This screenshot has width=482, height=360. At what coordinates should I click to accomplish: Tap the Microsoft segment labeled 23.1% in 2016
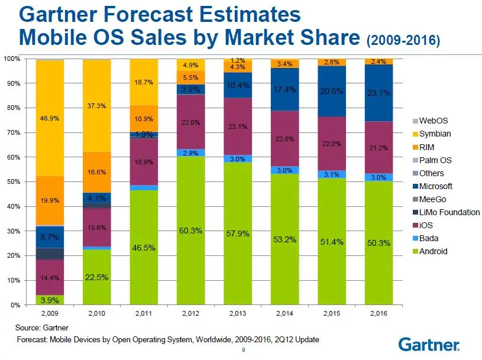pos(378,93)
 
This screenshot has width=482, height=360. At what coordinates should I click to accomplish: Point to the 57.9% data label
pos(238,234)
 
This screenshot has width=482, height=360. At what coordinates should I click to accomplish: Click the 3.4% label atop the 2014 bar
pos(284,63)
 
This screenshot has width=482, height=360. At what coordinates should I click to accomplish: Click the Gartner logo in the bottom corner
pos(428,344)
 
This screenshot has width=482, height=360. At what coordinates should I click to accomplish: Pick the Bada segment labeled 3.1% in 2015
pos(331,174)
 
